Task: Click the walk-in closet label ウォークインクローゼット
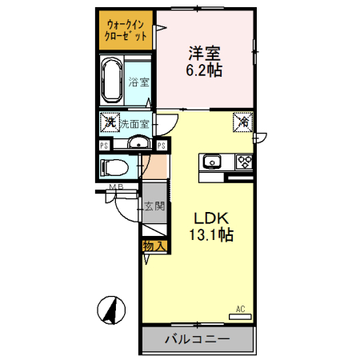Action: coord(126,30)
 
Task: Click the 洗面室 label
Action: coord(134,124)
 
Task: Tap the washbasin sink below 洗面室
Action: coord(138,144)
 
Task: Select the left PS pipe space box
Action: coord(104,145)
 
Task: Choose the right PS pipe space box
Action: coord(162,145)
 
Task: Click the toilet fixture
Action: coord(111,168)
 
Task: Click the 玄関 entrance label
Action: coord(154,206)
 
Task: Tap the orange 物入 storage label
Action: coord(154,246)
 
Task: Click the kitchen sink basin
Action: coord(211,162)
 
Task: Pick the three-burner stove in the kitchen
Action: coord(243,162)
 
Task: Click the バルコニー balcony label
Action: coord(198,340)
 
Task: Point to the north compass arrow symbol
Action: coord(112,309)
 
